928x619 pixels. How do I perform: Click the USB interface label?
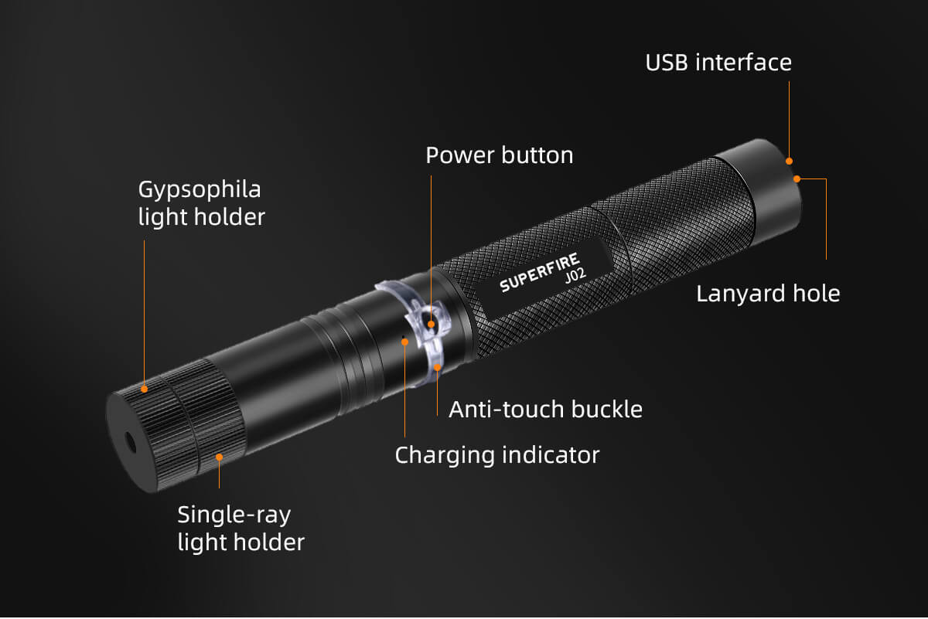pyautogui.click(x=718, y=63)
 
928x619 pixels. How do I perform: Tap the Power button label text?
pyautogui.click(x=500, y=155)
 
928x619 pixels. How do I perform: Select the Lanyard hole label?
pyautogui.click(x=768, y=294)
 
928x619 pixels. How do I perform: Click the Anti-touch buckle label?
pyautogui.click(x=546, y=410)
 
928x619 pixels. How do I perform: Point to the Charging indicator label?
pyautogui.click(x=497, y=455)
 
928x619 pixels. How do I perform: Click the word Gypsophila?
pyautogui.click(x=200, y=191)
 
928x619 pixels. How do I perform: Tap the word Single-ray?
pyautogui.click(x=234, y=516)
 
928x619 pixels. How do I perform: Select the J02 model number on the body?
pyautogui.click(x=576, y=275)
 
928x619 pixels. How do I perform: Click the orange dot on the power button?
pyautogui.click(x=431, y=325)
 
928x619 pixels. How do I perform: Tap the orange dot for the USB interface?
pyautogui.click(x=790, y=161)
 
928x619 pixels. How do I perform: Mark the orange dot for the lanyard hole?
pyautogui.click(x=797, y=179)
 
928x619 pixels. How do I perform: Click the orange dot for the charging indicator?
pyautogui.click(x=404, y=342)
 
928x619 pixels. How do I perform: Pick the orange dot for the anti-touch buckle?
pyautogui.click(x=437, y=367)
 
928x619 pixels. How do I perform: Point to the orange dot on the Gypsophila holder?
pyautogui.click(x=144, y=389)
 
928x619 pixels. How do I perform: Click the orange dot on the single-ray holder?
pyautogui.click(x=219, y=457)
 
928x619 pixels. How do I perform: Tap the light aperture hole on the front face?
pyautogui.click(x=129, y=443)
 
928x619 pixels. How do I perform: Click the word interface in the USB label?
pyautogui.click(x=743, y=63)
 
